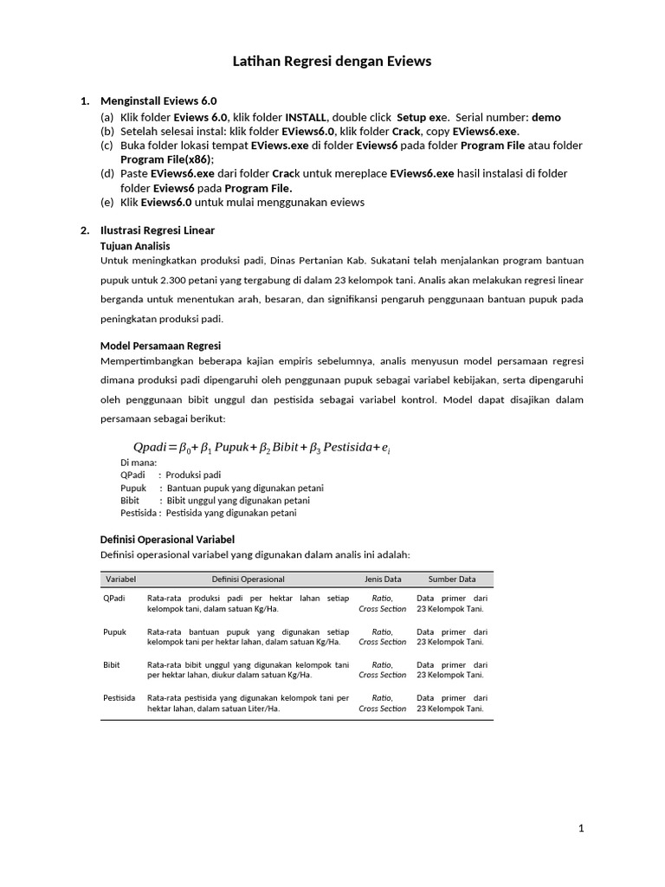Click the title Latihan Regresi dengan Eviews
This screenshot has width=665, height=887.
pos(332,62)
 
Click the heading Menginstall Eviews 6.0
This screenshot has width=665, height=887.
pos(158,101)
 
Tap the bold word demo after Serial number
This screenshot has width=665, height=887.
pos(546,117)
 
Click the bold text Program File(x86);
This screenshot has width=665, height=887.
pos(166,159)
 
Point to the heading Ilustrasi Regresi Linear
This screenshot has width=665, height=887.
pos(158,230)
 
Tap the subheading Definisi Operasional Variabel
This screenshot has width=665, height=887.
pos(168,540)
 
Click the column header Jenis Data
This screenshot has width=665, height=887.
pos(382,579)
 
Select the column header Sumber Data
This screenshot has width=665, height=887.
pos(451,579)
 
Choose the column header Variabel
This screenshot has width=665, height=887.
pos(121,579)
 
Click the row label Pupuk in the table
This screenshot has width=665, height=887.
pos(115,632)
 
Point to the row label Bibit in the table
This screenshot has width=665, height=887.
pos(112,664)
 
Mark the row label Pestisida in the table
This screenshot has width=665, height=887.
pos(119,697)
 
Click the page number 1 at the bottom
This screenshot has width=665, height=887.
pos(582,829)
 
